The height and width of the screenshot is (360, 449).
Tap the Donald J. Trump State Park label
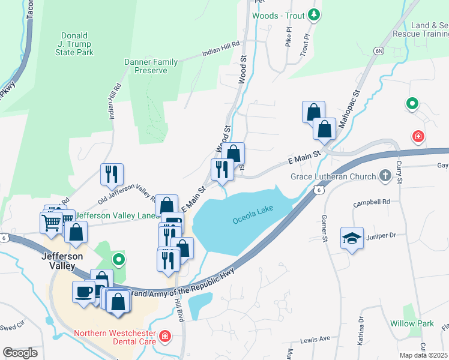coord(74,44)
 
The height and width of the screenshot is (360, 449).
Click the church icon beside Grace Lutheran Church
coord(385,176)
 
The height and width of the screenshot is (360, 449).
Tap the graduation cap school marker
coord(352,238)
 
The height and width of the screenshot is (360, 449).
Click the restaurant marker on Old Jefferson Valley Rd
coord(112,174)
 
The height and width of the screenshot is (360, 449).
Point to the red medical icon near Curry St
coord(418,137)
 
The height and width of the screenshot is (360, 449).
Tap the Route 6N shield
coord(379,52)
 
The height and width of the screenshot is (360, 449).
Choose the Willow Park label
coord(412,323)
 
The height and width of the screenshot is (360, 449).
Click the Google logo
coord(20,353)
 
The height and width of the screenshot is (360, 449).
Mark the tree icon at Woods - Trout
coord(313,14)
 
